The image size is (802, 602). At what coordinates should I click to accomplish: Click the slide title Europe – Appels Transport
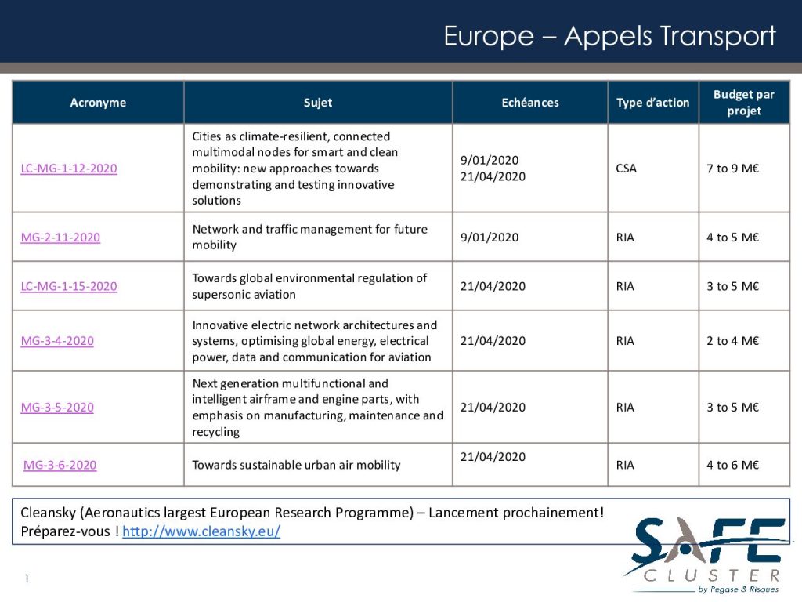pos(609,36)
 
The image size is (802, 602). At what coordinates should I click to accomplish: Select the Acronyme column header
pos(98,103)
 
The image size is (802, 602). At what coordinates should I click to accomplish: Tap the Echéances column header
pos(530,103)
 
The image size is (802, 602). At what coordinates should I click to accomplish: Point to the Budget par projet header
pos(744,103)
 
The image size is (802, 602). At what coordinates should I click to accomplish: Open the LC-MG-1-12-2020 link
pos(69,169)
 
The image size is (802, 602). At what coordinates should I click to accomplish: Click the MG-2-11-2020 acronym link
pos(60,238)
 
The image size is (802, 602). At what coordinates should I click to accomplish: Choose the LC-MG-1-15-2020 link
pos(69,287)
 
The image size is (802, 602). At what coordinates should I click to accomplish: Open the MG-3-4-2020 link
pos(57,341)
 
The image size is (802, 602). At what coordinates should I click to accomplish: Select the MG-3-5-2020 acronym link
pos(57,408)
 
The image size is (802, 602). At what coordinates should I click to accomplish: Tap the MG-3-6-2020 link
pos(60,466)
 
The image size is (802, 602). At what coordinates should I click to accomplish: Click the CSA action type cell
pos(627,169)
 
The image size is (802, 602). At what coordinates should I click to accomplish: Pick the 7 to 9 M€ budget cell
pos(733,169)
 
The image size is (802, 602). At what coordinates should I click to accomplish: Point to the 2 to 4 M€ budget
pos(733,341)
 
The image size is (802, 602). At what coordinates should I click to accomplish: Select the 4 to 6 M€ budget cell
pos(733,466)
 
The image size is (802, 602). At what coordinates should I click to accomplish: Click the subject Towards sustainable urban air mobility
pos(296,466)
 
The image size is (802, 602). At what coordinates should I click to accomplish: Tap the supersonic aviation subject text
pos(309,287)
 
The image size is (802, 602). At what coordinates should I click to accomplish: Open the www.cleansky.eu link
pos(201,532)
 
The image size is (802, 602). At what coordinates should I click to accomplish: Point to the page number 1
pos(27,579)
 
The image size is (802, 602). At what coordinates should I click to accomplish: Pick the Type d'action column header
pos(653,103)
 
